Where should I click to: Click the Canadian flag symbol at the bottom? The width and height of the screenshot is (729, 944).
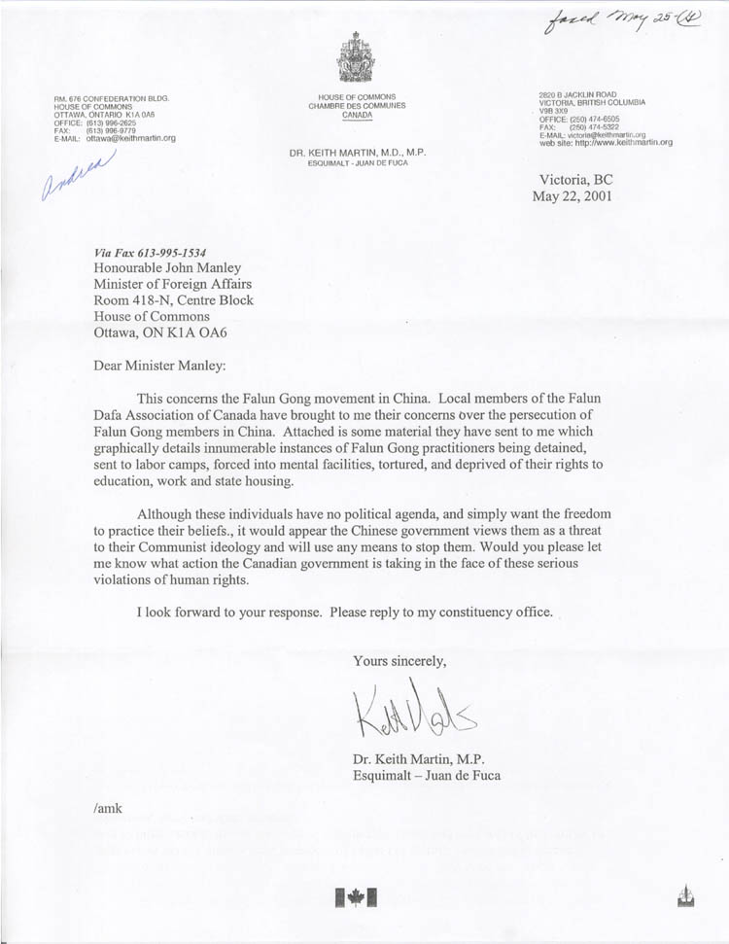(356, 897)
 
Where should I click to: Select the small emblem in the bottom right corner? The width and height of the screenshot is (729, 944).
(687, 897)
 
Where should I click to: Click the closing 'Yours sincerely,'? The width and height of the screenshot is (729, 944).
(399, 661)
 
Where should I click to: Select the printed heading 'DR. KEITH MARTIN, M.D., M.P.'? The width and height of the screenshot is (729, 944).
(358, 154)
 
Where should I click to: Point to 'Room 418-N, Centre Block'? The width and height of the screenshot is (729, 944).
(173, 299)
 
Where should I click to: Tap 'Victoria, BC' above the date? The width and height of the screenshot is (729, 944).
(576, 178)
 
